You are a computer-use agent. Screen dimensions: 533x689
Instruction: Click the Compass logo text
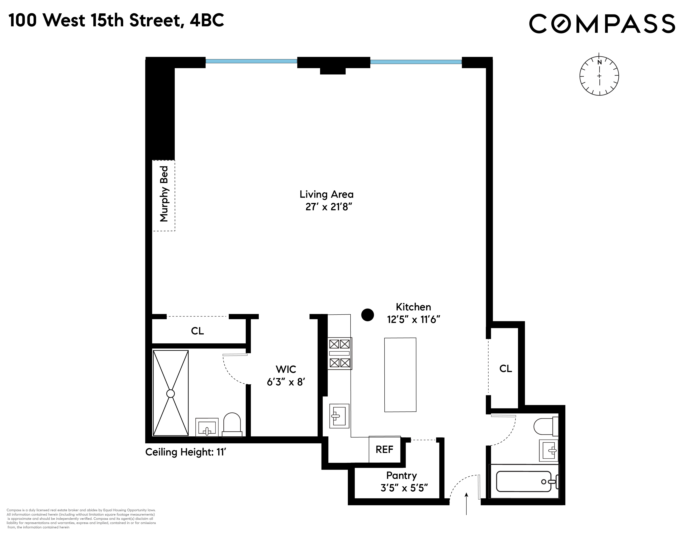coord(602,24)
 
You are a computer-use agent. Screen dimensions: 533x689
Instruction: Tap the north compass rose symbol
coord(599,76)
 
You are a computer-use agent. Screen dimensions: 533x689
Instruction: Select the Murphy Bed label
coord(164,194)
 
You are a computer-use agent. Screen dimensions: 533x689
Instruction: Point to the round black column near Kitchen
coord(367,315)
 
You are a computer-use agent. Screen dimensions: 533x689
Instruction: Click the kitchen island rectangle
coord(400,375)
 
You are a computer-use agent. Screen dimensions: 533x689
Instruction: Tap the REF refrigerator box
coord(384,449)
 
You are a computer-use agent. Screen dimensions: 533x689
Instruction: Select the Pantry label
coord(401,475)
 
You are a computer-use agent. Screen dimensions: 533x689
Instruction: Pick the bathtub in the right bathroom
coord(524,482)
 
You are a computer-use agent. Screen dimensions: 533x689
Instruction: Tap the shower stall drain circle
coord(170,393)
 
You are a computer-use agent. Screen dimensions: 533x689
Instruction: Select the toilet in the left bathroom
coord(232,425)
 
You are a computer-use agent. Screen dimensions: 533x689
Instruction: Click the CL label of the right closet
coord(505,369)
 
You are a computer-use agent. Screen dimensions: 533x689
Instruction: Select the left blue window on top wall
coord(251,61)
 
